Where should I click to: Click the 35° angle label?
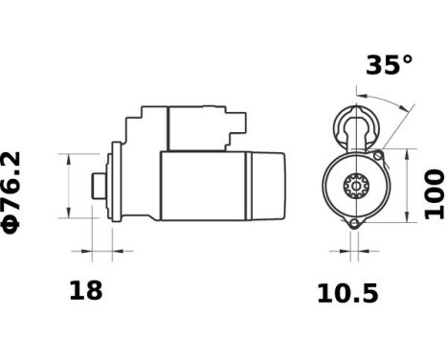click(x=389, y=65)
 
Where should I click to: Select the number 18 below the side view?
click(x=86, y=291)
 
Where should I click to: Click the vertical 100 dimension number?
click(x=434, y=193)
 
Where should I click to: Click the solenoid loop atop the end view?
click(x=355, y=124)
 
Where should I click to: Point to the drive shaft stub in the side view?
click(x=97, y=185)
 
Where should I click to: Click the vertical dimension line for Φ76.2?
click(x=70, y=185)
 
